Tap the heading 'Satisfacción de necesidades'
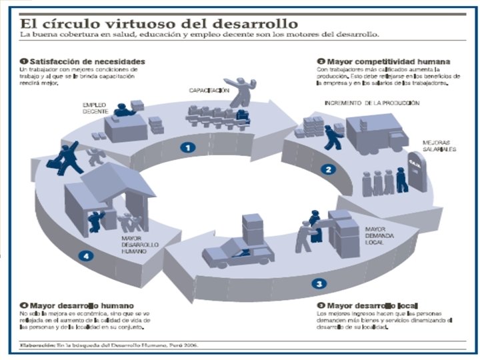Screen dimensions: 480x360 tap(86, 61)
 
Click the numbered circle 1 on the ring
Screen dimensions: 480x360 tap(190, 147)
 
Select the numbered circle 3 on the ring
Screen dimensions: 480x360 tap(321, 283)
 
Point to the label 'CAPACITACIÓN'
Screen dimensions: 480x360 tap(209, 89)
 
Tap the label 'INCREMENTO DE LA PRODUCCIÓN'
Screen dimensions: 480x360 tap(371, 103)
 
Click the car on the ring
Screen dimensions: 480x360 tap(237, 253)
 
